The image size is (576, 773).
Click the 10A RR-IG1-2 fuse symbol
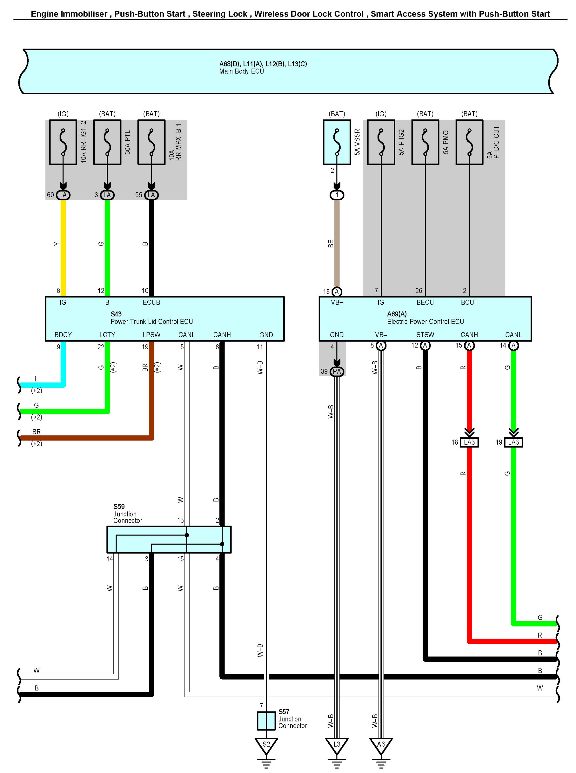[63, 142]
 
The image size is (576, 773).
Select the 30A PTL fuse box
[107, 142]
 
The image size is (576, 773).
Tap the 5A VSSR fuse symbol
[337, 142]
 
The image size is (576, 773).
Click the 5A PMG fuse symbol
[425, 142]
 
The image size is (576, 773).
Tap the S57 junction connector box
[266, 721]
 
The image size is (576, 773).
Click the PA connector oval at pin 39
[337, 371]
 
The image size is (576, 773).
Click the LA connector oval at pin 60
[63, 195]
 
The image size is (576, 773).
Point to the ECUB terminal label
[151, 302]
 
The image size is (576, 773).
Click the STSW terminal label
[425, 335]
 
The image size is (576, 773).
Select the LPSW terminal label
[151, 335]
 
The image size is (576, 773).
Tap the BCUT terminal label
[469, 302]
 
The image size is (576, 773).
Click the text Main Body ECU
[242, 71]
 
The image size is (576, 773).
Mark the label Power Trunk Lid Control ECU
[152, 321]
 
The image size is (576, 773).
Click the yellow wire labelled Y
[63, 244]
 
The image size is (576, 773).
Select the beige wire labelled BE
[337, 244]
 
